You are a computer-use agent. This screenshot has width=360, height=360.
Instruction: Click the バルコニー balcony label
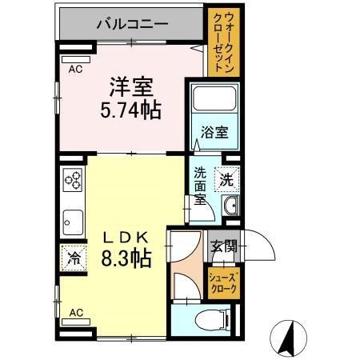click(x=132, y=23)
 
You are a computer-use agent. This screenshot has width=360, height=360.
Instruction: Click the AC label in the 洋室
click(x=75, y=70)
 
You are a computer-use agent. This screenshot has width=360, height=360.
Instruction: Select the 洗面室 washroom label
click(x=200, y=189)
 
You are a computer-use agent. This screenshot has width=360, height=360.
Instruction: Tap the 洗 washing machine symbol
click(x=227, y=180)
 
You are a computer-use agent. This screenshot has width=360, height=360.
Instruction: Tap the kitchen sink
click(x=73, y=218)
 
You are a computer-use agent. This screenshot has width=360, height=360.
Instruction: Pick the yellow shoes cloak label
click(x=222, y=283)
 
